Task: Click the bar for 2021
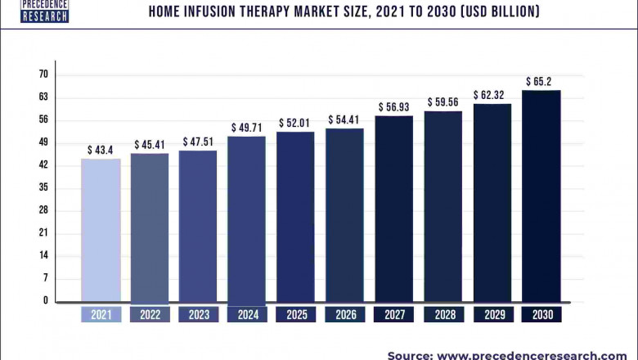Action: (x=101, y=230)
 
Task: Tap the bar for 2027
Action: (x=394, y=208)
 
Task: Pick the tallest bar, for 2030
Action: (x=541, y=196)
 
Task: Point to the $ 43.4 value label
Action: (x=101, y=151)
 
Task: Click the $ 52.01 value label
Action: (x=295, y=124)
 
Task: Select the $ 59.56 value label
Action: (x=443, y=103)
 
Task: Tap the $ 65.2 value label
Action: (x=541, y=82)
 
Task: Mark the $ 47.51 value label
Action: (x=198, y=142)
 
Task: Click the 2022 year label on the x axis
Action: (x=150, y=314)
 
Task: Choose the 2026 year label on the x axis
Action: (x=345, y=314)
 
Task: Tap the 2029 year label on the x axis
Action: (x=492, y=314)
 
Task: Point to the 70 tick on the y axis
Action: (x=43, y=74)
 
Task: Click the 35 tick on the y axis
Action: (x=43, y=187)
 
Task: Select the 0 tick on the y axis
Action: (x=46, y=300)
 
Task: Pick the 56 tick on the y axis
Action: (x=43, y=119)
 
